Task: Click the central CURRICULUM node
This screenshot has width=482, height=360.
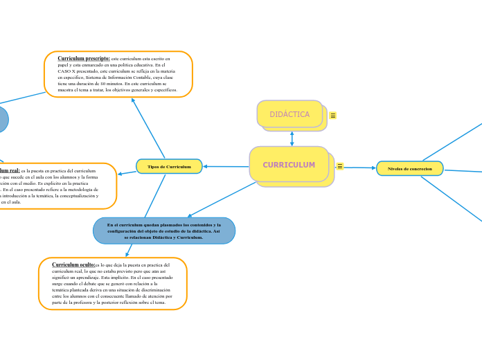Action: click(x=289, y=165)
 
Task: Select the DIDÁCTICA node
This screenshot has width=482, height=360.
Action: click(x=289, y=114)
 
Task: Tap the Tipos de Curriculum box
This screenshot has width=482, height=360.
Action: click(x=169, y=166)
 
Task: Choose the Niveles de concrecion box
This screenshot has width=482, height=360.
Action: click(x=409, y=168)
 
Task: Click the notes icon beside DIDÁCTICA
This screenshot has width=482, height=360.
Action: click(x=333, y=116)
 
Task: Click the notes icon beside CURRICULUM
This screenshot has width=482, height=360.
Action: click(x=339, y=165)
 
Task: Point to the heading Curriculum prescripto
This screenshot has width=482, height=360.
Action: click(x=83, y=60)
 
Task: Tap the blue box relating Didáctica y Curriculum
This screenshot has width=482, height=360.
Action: click(x=164, y=231)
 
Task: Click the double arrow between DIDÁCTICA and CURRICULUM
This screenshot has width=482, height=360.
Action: click(x=292, y=138)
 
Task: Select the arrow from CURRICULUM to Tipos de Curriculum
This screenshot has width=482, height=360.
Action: click(x=225, y=166)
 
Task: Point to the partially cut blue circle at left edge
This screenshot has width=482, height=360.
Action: click(x=3, y=119)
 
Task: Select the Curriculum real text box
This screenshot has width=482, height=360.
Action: click(x=55, y=186)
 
